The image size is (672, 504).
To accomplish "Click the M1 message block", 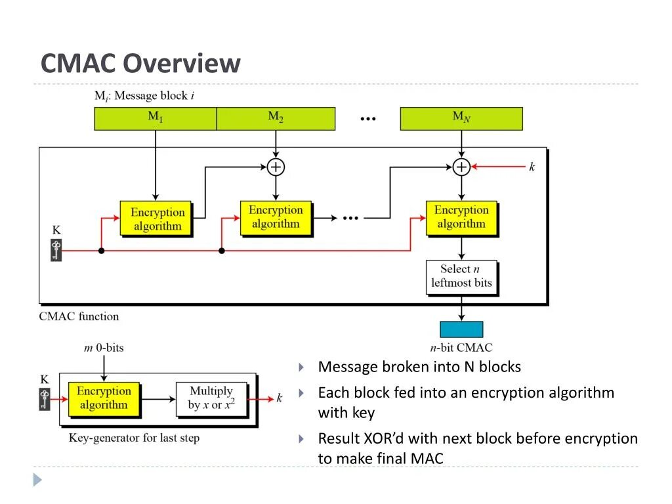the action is click(155, 119).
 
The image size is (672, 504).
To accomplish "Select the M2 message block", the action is click(276, 119).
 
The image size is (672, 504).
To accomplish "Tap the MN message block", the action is click(461, 119).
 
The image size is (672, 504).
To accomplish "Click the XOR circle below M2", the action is click(276, 167).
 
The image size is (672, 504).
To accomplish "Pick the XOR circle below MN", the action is click(461, 167).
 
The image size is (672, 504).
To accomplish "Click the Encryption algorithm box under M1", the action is click(156, 219).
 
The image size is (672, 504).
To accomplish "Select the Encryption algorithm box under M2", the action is click(276, 219).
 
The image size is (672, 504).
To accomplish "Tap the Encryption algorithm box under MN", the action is click(462, 219).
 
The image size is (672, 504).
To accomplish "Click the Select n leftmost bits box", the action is click(462, 278).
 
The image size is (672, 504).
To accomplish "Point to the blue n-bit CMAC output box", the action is click(461, 329).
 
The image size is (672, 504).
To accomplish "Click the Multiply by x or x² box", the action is click(212, 400).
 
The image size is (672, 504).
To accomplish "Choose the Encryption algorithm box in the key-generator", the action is click(104, 400).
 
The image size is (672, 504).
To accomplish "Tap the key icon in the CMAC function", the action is click(56, 251).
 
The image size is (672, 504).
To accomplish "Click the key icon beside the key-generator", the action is click(45, 400).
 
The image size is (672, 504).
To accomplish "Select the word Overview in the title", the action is click(182, 64).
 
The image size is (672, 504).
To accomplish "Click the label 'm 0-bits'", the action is click(104, 348).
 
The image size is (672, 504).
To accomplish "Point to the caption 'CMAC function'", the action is click(79, 316).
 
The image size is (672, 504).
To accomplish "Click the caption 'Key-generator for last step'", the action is click(134, 438).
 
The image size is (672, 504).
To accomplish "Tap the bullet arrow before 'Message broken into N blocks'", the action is click(301, 367).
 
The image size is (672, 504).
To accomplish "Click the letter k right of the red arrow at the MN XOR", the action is click(532, 167).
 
